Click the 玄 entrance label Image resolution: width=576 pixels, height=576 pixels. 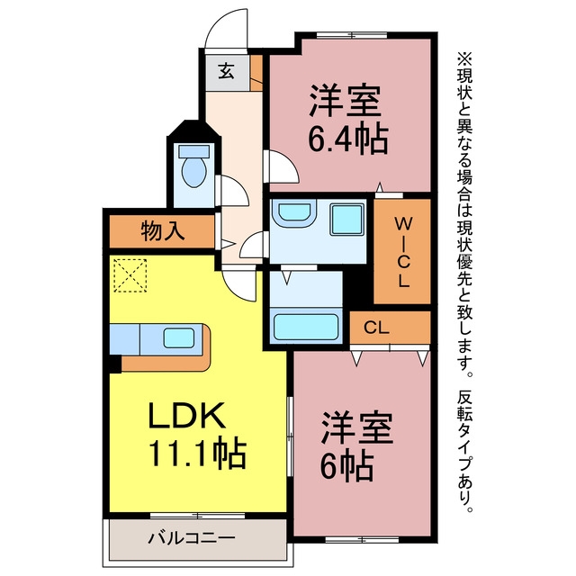[x=226, y=71]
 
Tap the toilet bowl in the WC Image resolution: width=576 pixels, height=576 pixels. [x=194, y=172]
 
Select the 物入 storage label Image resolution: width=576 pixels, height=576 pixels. [x=162, y=231]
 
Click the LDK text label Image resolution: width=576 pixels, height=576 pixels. [x=186, y=415]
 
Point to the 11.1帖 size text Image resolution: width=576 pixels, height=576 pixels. [x=197, y=452]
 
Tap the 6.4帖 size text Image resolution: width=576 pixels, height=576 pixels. [x=347, y=139]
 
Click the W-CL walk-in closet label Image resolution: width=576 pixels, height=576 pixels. [x=403, y=252]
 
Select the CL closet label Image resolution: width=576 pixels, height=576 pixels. [x=376, y=328]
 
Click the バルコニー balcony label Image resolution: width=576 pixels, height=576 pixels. [x=191, y=539]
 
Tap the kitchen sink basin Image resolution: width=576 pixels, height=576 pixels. [x=178, y=338]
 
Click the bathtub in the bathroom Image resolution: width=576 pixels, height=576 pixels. [x=306, y=326]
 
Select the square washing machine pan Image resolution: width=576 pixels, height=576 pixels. [x=347, y=220]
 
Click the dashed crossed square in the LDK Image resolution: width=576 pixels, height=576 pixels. [x=130, y=275]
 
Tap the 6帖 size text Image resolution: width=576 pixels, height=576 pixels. [x=346, y=466]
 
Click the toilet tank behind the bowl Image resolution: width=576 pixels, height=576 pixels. [x=194, y=151]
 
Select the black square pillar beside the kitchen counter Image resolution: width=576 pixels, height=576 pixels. [x=115, y=364]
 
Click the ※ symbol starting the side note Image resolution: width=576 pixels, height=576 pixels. [x=464, y=60]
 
